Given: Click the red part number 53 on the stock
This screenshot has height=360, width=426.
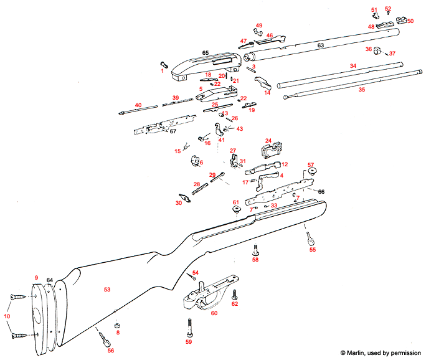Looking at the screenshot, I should [x=107, y=290].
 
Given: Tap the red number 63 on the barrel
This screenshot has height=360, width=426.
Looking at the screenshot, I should [x=321, y=46].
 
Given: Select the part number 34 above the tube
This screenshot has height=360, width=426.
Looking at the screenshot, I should [x=353, y=65].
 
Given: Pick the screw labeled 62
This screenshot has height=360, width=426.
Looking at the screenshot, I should [x=235, y=294].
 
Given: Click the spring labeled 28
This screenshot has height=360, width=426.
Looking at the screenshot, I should [x=199, y=187].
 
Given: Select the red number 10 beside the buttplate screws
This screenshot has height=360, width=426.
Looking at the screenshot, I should [x=6, y=316].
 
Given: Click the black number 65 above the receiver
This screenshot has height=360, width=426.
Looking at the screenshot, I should [x=204, y=54].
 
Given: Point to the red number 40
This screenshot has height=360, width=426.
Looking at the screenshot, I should [x=138, y=105].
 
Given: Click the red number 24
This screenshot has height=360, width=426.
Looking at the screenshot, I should [x=269, y=140].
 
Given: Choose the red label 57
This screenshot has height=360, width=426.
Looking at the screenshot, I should [x=311, y=165].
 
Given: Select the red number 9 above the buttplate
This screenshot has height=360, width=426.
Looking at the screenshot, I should [x=37, y=277].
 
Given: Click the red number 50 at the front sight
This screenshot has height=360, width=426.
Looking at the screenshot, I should [x=410, y=21].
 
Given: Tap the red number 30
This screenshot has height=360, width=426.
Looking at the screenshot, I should [x=179, y=203].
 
